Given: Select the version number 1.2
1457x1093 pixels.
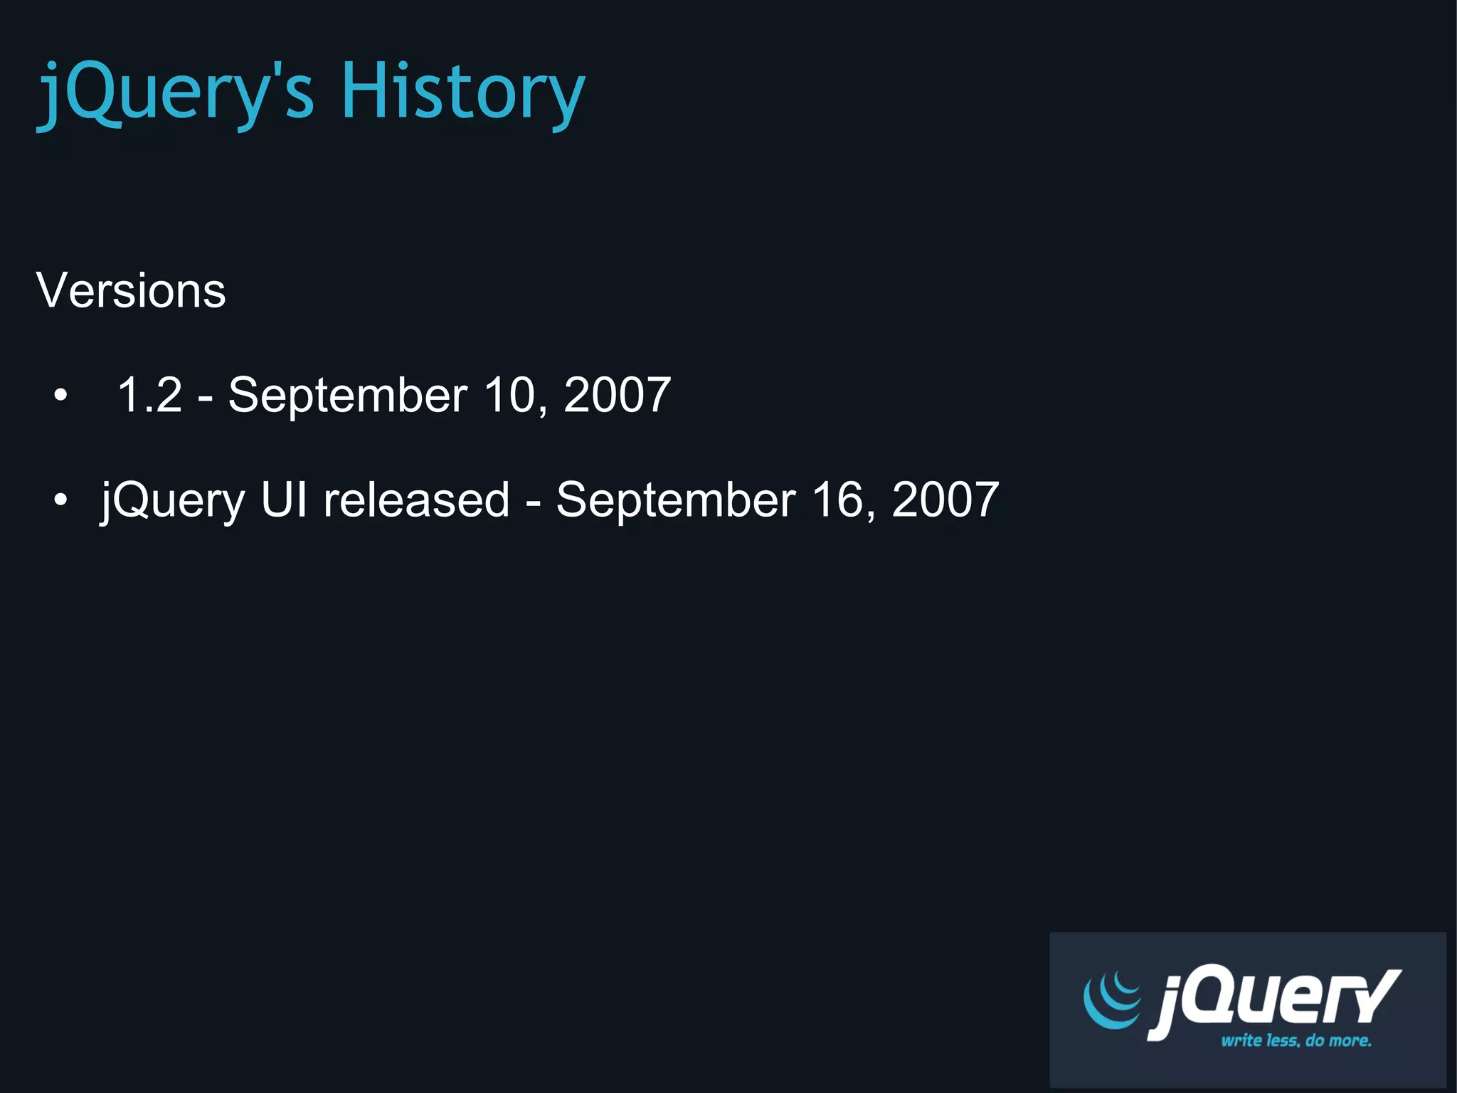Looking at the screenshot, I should pos(150,395).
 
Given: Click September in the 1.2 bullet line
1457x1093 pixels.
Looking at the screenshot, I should pos(347,396).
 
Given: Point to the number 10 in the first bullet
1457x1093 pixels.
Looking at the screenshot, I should pos(510,395).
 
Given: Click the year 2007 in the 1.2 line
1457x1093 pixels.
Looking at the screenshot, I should pos(617,395).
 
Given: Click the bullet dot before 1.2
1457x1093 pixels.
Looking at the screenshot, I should pos(60,395).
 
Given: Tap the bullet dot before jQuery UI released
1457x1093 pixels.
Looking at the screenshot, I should pos(60,500).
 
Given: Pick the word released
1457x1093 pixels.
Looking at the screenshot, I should pos(417,500).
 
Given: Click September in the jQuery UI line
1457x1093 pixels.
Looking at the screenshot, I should pos(676,501).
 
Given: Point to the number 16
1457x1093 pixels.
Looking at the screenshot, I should pos(838,500).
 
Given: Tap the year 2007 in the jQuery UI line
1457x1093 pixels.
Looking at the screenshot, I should pos(945,500).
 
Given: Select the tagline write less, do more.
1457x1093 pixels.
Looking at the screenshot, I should pos(1296,1041).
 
